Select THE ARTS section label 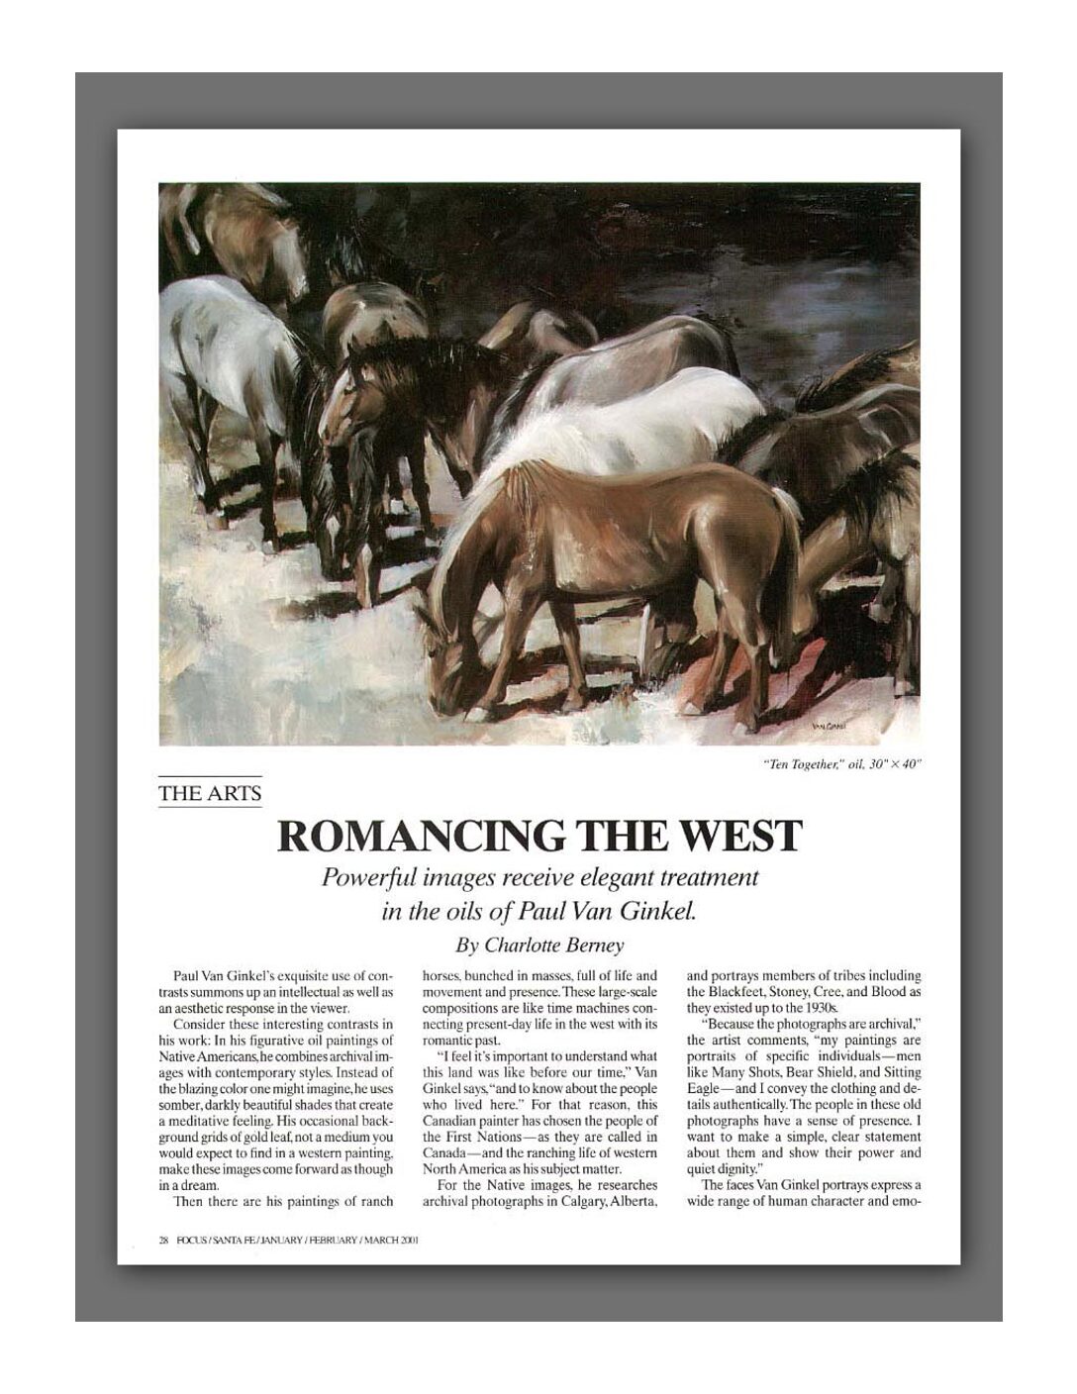click(210, 793)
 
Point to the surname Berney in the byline click(591, 945)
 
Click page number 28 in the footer click(164, 1239)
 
